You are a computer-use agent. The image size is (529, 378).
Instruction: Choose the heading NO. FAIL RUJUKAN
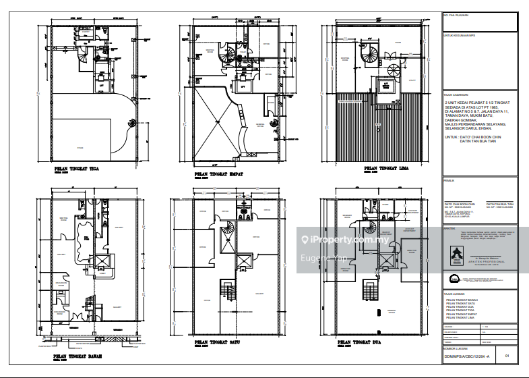[456, 14]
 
